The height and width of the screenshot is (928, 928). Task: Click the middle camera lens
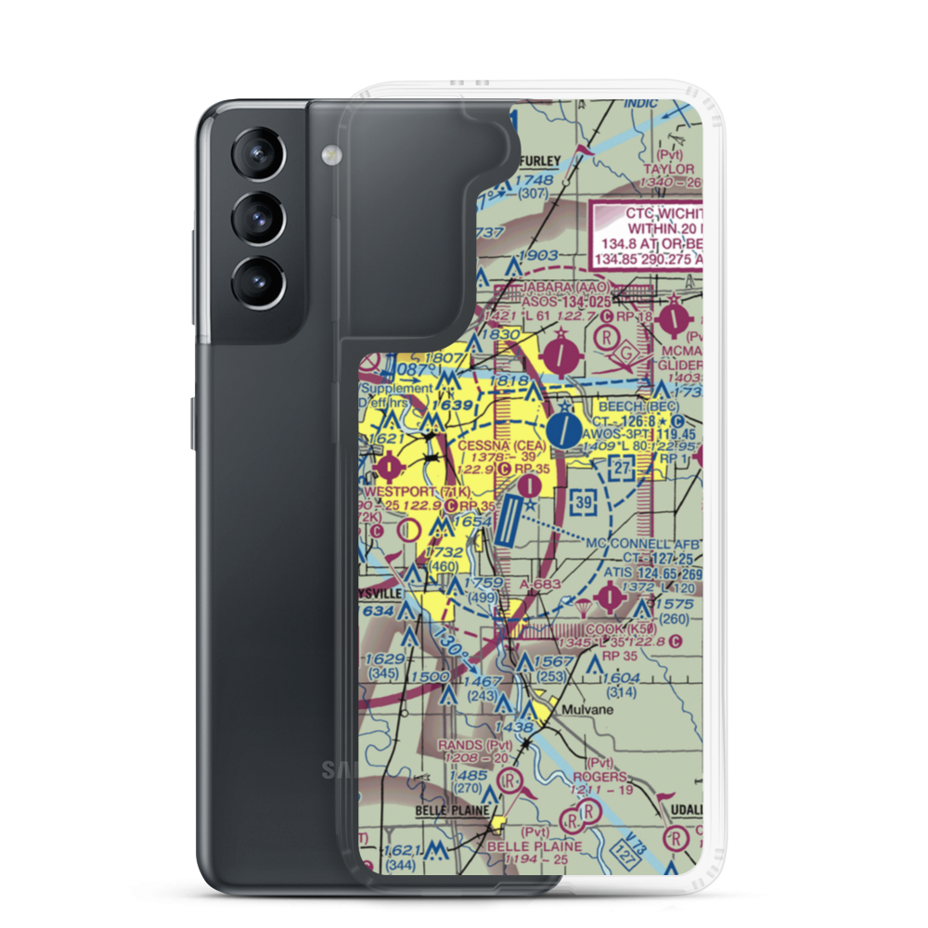coord(256,218)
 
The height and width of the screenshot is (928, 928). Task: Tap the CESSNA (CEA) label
coord(496,445)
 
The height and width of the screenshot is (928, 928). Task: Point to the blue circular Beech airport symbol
coord(560,430)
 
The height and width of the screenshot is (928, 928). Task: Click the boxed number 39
coord(582,502)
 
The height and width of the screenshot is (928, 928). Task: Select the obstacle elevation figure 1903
coord(539,256)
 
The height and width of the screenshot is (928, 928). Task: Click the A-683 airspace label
coord(540,583)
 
